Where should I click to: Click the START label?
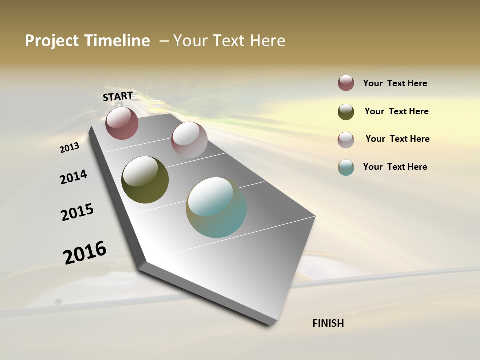[x=118, y=96]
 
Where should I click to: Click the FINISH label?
[x=328, y=323]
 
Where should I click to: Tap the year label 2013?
[x=69, y=148]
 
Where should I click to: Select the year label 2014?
[x=73, y=177]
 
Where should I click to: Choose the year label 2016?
[x=85, y=252]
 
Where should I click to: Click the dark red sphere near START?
[x=122, y=123]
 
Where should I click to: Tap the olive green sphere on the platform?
[x=145, y=180]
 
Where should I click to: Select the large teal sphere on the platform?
[x=216, y=207]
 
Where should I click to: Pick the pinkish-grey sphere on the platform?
[x=189, y=140]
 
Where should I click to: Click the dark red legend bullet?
[x=346, y=83]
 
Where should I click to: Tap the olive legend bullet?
[x=346, y=112]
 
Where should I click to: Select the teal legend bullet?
[x=346, y=167]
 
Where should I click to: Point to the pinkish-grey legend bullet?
[x=346, y=140]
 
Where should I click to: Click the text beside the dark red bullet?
[x=395, y=83]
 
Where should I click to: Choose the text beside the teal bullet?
[x=395, y=167]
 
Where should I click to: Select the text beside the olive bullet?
[x=396, y=111]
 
